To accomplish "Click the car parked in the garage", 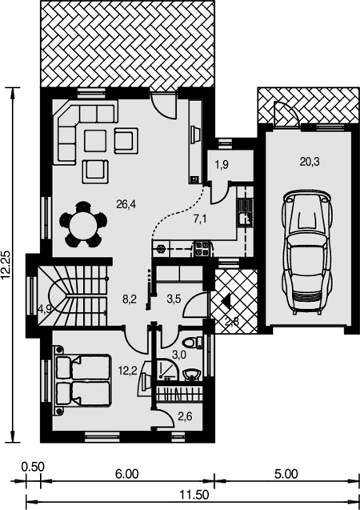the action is (308, 252).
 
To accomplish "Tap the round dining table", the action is (83, 225).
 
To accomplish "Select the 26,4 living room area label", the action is (126, 205).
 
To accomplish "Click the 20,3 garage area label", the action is (310, 162).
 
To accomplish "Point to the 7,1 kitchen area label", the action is (200, 219).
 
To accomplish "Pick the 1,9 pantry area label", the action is (222, 165).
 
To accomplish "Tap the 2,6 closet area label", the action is (185, 416).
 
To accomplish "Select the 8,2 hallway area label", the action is (130, 299).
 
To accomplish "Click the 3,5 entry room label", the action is (174, 299).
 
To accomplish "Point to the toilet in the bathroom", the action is (192, 343).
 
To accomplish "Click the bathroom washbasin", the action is (192, 375).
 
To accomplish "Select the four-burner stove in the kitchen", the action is (202, 249).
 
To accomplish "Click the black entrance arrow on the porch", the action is (226, 300).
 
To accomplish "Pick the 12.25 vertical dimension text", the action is (6, 265).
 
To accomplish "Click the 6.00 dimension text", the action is (126, 474).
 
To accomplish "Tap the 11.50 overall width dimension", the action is (194, 496).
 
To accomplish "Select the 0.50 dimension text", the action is (33, 467).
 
